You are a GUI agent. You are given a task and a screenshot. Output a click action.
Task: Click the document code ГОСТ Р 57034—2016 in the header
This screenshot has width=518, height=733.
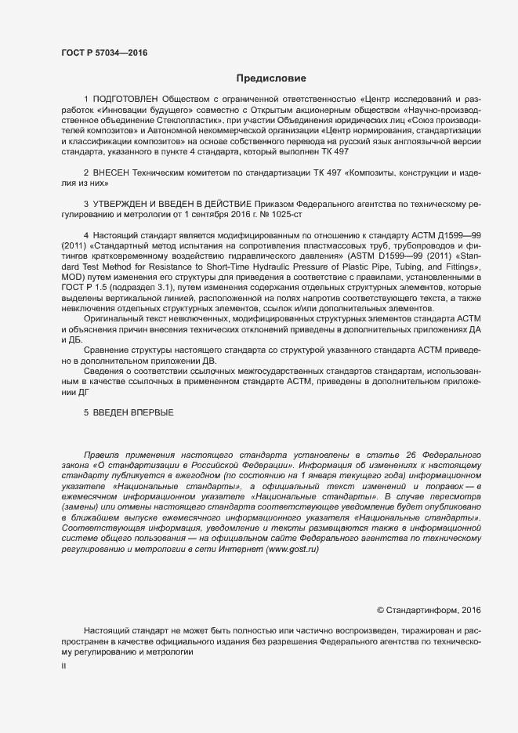tap(103, 53)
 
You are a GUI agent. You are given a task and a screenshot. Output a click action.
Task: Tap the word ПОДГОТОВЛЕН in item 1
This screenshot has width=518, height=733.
tap(125, 100)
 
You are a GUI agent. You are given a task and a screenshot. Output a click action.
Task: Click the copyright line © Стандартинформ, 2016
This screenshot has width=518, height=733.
tap(429, 609)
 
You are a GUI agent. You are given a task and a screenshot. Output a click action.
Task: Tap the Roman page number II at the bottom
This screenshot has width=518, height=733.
tap(64, 665)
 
